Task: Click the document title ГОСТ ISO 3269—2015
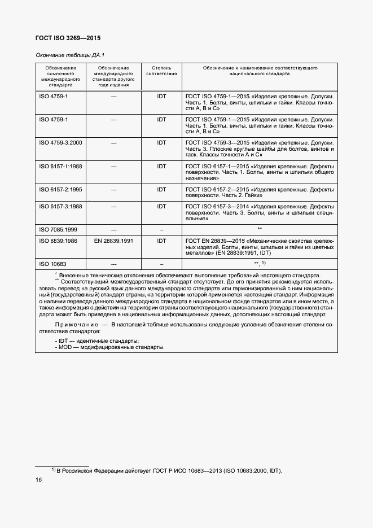pyautogui.click(x=68, y=38)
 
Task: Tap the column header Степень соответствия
pyautogui.click(x=161, y=71)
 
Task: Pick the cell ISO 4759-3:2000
pyautogui.click(x=60, y=142)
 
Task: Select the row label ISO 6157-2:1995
pyautogui.click(x=60, y=190)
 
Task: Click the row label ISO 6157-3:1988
pyautogui.click(x=60, y=206)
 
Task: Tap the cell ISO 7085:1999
pyautogui.click(x=58, y=229)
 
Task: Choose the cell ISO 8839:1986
pyautogui.click(x=59, y=241)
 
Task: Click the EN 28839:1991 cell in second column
pyautogui.click(x=113, y=241)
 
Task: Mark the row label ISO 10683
pyautogui.click(x=52, y=264)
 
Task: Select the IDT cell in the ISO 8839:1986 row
pyautogui.click(x=161, y=241)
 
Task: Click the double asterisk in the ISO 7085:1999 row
pyautogui.click(x=260, y=229)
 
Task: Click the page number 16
pyautogui.click(x=39, y=479)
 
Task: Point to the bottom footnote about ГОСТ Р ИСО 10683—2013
pyautogui.click(x=166, y=470)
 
